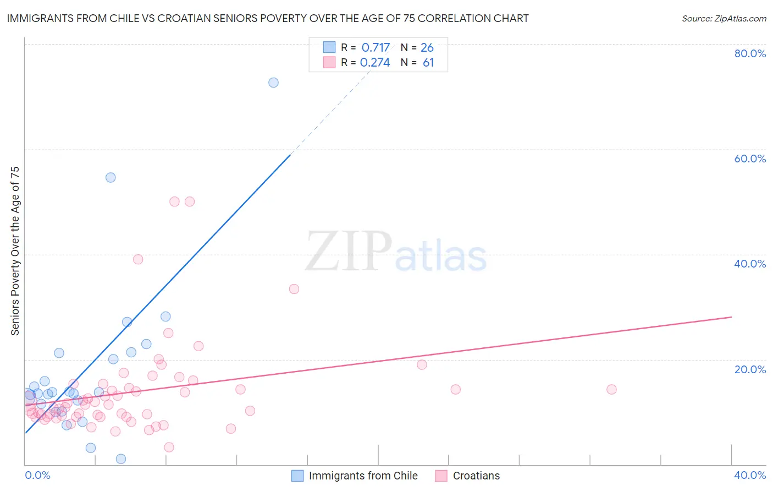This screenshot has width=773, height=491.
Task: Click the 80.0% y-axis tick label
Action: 750,53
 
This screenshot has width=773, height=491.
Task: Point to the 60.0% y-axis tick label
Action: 750,159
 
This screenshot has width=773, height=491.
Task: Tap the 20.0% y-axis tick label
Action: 750,369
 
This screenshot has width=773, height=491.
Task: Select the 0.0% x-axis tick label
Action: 37,476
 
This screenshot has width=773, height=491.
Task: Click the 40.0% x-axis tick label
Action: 750,476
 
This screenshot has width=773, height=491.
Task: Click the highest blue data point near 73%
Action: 273,83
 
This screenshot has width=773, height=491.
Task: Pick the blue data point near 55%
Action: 111,177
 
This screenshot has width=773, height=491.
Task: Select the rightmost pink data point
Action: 611,389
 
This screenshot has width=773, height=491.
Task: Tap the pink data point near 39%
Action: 138,259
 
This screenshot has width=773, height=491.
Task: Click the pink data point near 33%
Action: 294,289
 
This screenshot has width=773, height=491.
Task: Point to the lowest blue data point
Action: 121,459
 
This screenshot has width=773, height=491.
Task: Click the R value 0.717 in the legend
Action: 376,48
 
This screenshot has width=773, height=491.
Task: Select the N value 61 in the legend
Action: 428,63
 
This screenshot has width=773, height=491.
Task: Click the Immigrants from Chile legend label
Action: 363,476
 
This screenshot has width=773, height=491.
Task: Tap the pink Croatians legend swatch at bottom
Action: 441,476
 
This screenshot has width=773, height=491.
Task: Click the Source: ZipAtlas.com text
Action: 724,19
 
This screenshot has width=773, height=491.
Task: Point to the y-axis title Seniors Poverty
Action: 15,250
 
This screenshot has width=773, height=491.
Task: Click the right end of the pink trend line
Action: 731,317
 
